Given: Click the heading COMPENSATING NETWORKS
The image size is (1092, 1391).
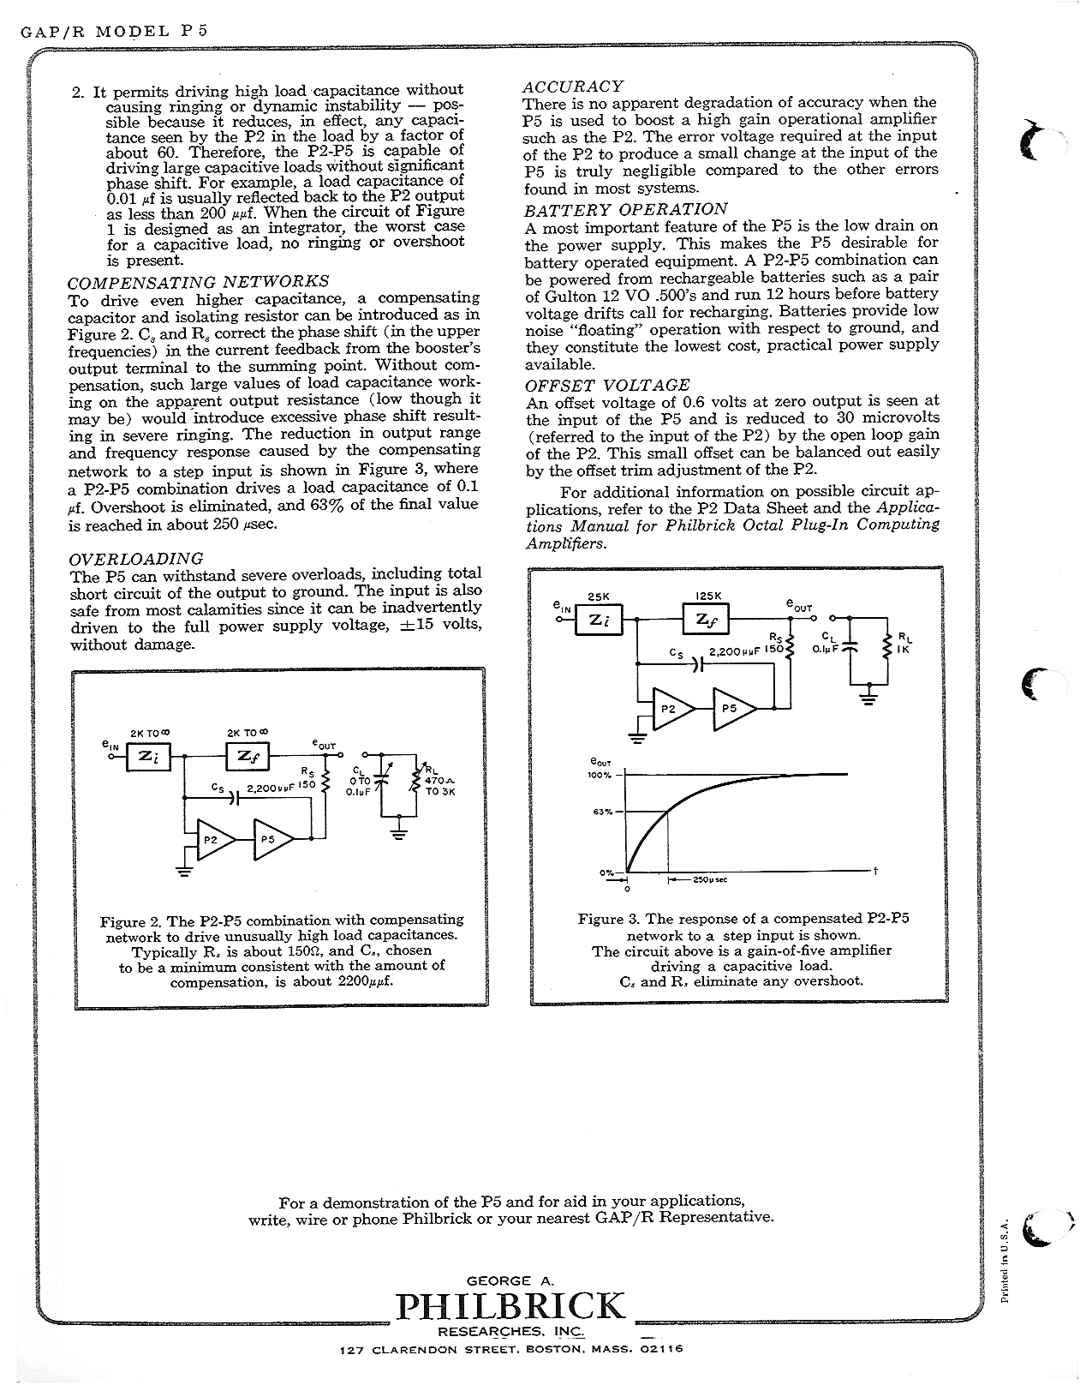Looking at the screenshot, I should (x=198, y=281).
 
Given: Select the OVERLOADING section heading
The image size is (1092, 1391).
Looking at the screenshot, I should (x=135, y=559).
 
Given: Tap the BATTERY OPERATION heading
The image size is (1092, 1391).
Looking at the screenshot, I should (x=626, y=209).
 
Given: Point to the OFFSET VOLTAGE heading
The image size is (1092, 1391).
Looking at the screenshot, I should (x=607, y=385).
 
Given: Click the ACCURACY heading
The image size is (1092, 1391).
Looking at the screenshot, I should (x=573, y=86).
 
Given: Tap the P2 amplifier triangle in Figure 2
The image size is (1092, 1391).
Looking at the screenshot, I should (x=212, y=841).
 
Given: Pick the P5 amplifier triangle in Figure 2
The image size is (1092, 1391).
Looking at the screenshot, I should (x=271, y=841).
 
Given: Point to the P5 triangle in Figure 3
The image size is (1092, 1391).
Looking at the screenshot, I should (x=732, y=709).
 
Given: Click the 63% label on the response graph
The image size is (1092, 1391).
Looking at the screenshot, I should (x=600, y=812).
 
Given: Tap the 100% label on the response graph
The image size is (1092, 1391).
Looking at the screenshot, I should (x=600, y=775).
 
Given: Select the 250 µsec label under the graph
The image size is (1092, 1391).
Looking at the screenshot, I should (x=709, y=879).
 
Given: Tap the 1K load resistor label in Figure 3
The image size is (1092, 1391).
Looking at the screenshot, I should (x=904, y=649).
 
